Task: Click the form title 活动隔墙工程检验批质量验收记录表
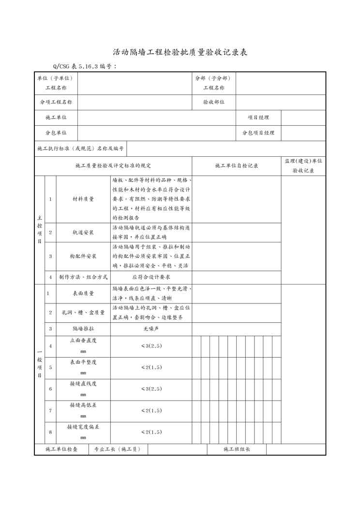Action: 180,52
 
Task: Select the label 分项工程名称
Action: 56,102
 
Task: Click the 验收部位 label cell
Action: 214,102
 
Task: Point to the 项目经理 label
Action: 258,117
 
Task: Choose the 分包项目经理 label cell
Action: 258,133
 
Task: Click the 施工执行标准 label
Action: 81,149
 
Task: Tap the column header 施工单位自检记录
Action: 237,165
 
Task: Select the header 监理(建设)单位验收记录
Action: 303,165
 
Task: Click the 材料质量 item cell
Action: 83,199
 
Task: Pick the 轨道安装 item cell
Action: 83,232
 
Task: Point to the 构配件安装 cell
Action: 83,256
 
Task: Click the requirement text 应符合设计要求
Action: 151,277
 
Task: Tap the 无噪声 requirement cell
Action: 151,329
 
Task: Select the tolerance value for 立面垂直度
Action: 151,345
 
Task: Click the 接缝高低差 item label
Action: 83,405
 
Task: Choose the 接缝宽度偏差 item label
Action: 83,427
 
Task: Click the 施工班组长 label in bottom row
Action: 237,449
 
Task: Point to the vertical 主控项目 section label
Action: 39,229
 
